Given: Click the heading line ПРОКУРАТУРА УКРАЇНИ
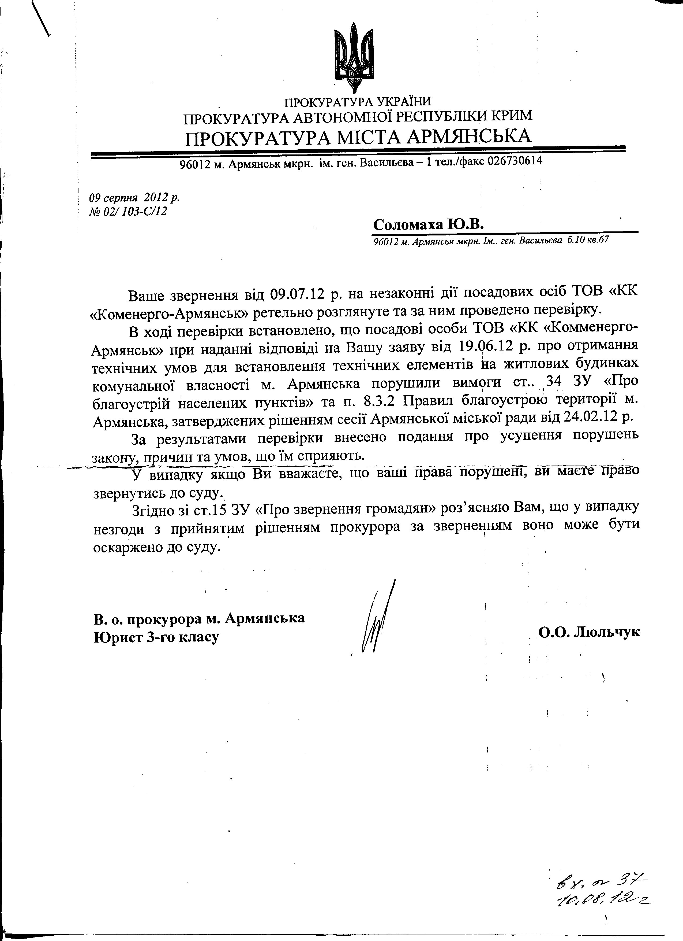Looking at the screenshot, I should pyautogui.click(x=357, y=101).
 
